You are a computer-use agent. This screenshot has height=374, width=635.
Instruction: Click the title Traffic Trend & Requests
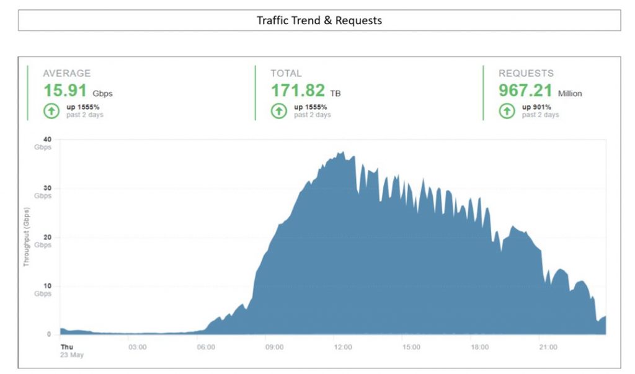pyautogui.click(x=319, y=20)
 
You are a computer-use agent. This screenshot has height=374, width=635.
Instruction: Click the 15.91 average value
pyautogui.click(x=64, y=91)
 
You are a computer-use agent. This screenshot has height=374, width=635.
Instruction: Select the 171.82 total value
pyautogui.click(x=297, y=91)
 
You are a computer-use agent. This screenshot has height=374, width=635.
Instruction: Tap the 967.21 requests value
pyautogui.click(x=525, y=91)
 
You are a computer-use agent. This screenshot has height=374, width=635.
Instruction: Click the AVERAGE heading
pyautogui.click(x=66, y=74)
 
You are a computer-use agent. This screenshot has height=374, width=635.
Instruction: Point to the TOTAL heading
pyautogui.click(x=286, y=74)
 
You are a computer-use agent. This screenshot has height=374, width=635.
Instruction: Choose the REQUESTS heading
pyautogui.click(x=526, y=74)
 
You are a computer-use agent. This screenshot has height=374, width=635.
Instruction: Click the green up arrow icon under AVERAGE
pyautogui.click(x=51, y=110)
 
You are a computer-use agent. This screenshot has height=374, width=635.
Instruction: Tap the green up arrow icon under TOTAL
pyautogui.click(x=279, y=110)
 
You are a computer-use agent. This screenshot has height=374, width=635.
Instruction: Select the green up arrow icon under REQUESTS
pyautogui.click(x=507, y=110)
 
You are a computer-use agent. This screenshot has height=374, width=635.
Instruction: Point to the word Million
pyautogui.click(x=570, y=94)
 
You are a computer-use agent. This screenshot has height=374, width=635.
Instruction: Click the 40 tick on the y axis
pyautogui.click(x=47, y=140)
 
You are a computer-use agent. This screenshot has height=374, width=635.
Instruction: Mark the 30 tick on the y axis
pyautogui.click(x=47, y=188)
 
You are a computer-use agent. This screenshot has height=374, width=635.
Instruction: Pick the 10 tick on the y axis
pyautogui.click(x=47, y=286)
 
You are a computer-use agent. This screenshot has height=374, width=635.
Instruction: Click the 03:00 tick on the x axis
pyautogui.click(x=137, y=347)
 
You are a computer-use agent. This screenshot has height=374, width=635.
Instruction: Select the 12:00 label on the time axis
pyautogui.click(x=342, y=347)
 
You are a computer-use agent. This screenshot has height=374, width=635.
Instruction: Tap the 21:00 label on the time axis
pyautogui.click(x=548, y=347)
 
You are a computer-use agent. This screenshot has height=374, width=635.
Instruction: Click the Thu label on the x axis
pyautogui.click(x=66, y=347)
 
